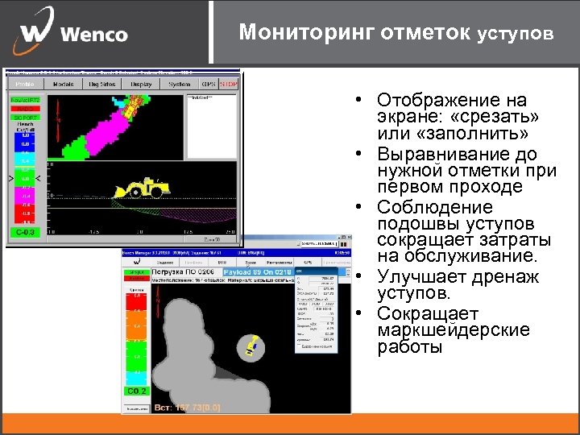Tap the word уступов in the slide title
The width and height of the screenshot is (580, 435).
coord(516,35)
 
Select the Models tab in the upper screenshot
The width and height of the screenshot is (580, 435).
coord(63,84)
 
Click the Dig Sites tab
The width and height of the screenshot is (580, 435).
coord(101,84)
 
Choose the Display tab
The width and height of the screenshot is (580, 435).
coord(141,84)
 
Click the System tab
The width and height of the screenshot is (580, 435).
coord(180,84)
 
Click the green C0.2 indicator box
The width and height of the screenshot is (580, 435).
coord(135,391)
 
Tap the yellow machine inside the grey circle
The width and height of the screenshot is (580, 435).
coord(252,346)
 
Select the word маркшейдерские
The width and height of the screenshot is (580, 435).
coord(441,330)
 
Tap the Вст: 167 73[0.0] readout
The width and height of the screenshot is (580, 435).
coord(188,408)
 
